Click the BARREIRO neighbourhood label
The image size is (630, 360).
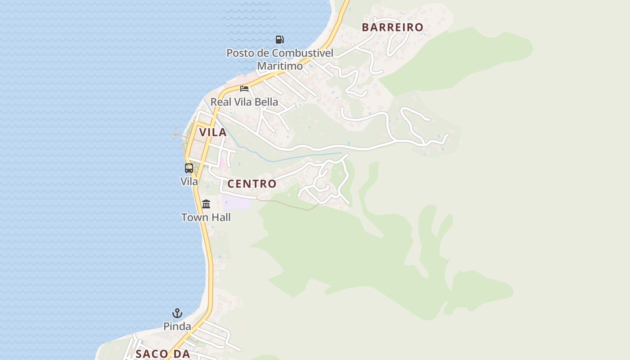[x=392, y=27]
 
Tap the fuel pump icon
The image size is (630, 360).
[x=279, y=40]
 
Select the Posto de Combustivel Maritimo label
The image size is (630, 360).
[x=279, y=59]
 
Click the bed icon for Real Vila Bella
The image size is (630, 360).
[x=244, y=88]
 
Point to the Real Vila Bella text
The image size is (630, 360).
[x=244, y=102]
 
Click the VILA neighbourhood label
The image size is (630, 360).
[x=213, y=132]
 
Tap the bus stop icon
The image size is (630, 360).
[x=189, y=168]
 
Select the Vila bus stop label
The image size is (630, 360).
[x=189, y=181]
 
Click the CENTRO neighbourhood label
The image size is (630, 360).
[x=252, y=184]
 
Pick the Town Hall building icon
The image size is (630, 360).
[x=206, y=204]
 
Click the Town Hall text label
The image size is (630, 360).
[x=206, y=217]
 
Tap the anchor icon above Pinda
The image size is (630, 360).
[x=177, y=313]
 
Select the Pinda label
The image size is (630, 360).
[x=177, y=326]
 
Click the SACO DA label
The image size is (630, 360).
[x=163, y=354]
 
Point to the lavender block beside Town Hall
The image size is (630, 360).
[x=237, y=202]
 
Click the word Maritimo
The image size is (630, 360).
[x=280, y=66]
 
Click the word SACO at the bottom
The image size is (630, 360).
[x=152, y=354]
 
